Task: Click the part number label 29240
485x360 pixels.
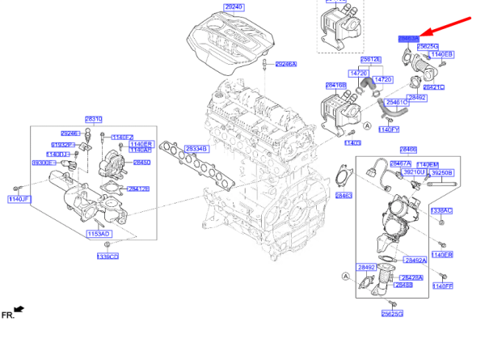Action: (x=234, y=6)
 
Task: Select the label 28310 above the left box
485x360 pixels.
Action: (x=94, y=119)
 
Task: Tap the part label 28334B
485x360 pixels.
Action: (x=196, y=149)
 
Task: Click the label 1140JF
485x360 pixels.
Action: (x=19, y=199)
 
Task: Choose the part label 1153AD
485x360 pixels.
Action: (x=99, y=233)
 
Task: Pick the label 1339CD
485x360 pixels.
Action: (x=108, y=256)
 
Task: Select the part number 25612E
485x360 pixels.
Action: (x=371, y=60)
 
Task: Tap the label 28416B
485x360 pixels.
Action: (x=335, y=84)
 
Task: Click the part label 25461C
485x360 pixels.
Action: (x=397, y=103)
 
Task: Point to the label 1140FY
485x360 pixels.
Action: (x=390, y=129)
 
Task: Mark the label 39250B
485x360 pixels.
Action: (x=441, y=173)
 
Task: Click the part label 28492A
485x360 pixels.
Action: (x=415, y=260)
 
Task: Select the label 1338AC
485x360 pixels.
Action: (x=441, y=210)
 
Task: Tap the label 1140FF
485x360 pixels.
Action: (x=443, y=286)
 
